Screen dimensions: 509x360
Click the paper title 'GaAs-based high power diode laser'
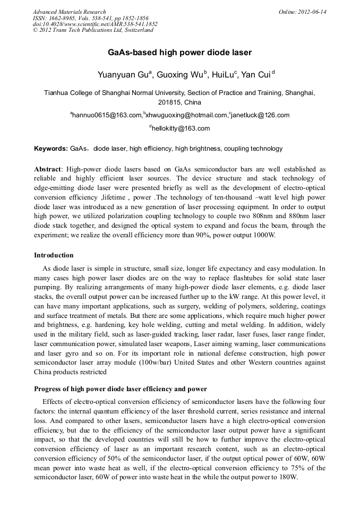(x=179, y=53)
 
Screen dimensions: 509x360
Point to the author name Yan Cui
(x=256, y=75)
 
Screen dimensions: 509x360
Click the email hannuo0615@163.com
(x=107, y=115)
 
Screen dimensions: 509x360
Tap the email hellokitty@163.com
(x=181, y=128)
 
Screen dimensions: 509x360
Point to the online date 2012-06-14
(x=313, y=12)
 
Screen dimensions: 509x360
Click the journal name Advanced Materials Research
(x=69, y=12)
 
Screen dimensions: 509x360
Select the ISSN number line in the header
(x=91, y=18)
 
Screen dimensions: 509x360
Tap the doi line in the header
(x=95, y=24)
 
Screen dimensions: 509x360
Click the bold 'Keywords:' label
(x=51, y=149)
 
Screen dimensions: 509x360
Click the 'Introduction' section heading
(x=54, y=255)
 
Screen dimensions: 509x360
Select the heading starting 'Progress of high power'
(x=121, y=389)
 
